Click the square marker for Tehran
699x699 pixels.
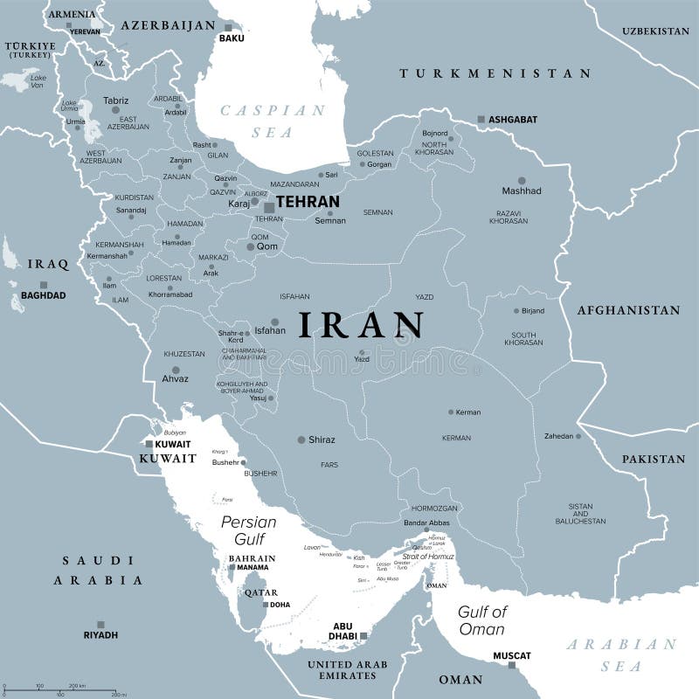pyautogui.click(x=269, y=208)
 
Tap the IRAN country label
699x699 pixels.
pyautogui.click(x=362, y=325)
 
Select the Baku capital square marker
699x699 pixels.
pyautogui.click(x=228, y=27)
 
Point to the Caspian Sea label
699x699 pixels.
pyautogui.click(x=272, y=121)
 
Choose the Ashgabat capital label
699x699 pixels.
pyautogui.click(x=514, y=119)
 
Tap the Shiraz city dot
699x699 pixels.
pyautogui.click(x=301, y=439)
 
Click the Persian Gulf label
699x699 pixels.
pyautogui.click(x=249, y=530)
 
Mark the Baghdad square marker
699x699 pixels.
pyautogui.click(x=43, y=285)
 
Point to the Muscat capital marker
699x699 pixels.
pyautogui.click(x=511, y=665)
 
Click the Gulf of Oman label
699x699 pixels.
pyautogui.click(x=481, y=620)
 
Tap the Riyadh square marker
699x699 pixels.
pyautogui.click(x=100, y=624)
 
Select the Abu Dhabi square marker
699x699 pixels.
pyautogui.click(x=363, y=636)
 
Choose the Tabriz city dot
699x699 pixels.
pyautogui.click(x=114, y=109)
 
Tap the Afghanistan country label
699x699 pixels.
pyautogui.click(x=627, y=310)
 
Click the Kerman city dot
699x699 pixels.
pyautogui.click(x=451, y=412)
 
